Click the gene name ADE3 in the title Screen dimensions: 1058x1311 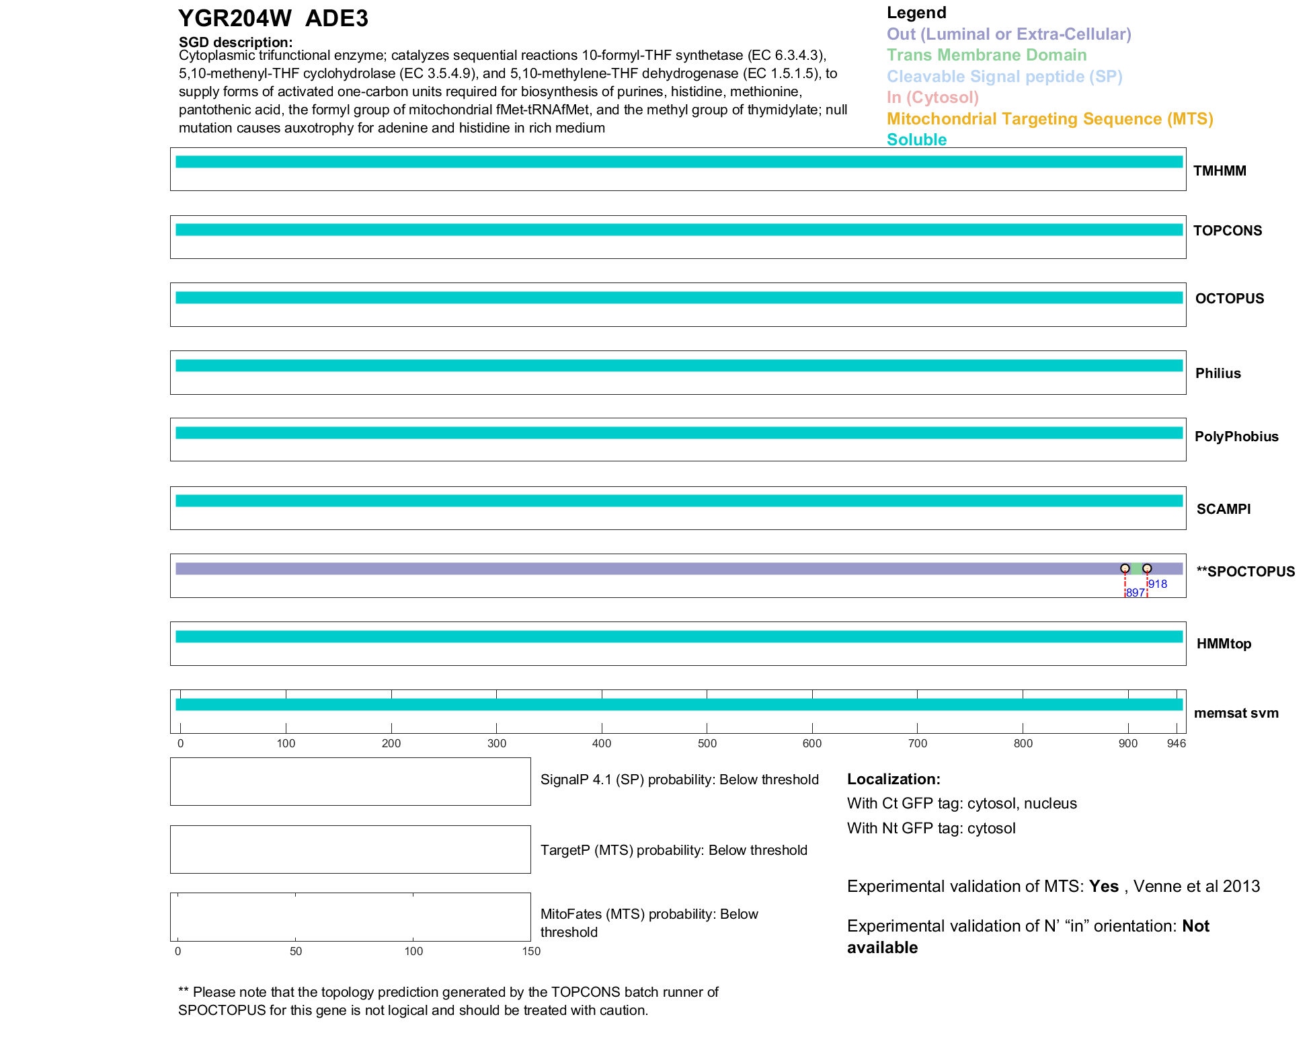click(336, 19)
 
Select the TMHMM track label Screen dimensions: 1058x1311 click(1220, 171)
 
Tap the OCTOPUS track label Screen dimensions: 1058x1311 click(1230, 299)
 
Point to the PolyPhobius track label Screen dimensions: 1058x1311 click(1236, 437)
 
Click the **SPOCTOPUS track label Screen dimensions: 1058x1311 click(1245, 572)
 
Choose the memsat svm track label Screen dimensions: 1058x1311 click(1236, 713)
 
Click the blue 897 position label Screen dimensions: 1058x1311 click(1135, 593)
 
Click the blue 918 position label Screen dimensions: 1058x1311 click(1158, 584)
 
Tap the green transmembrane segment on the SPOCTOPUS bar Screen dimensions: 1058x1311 click(1136, 568)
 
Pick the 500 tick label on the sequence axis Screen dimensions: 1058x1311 click(707, 743)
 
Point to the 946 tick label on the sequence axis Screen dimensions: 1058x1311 click(1177, 743)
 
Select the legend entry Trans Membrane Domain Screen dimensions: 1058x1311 click(986, 55)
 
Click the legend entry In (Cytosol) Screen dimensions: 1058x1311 click(932, 98)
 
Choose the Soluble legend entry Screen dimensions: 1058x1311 click(916, 140)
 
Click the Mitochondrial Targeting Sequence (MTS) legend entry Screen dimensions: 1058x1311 click(1049, 119)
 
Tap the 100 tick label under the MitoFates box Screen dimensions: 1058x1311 click(413, 951)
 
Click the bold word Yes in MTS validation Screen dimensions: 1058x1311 click(1104, 886)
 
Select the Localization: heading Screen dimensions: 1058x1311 click(893, 780)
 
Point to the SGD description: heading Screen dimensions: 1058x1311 click(235, 42)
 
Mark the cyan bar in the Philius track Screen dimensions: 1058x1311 click(679, 366)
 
